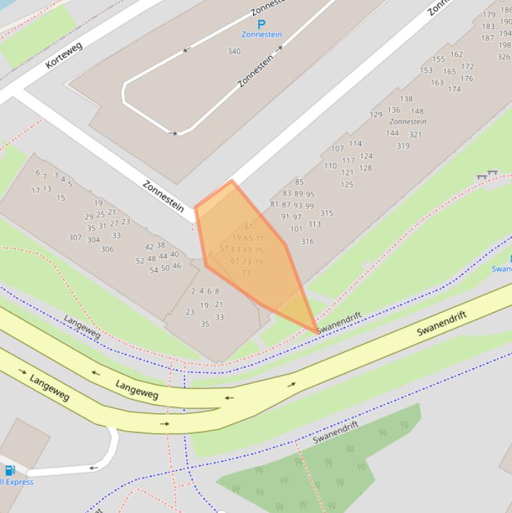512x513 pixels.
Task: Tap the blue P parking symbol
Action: coord(261,24)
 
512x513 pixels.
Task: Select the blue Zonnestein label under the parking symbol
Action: coord(261,34)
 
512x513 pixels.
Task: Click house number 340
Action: coord(234,51)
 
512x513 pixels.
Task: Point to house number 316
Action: coord(307,241)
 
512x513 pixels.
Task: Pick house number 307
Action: coord(75,238)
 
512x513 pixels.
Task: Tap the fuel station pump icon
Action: coord(10,471)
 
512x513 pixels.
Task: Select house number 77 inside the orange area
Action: coord(246,273)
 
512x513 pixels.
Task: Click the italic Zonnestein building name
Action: coord(407,122)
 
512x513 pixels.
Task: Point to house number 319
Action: coord(403,145)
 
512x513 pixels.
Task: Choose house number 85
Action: coord(299,182)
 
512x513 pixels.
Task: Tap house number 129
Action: coord(376,115)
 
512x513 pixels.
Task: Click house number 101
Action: coord(296,229)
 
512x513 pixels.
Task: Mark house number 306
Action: coord(107,249)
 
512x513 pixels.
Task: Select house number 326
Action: coord(504,57)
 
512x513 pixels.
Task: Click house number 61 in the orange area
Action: coord(249,227)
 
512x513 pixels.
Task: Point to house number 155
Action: coord(438,59)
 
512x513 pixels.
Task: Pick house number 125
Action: coord(347,185)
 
